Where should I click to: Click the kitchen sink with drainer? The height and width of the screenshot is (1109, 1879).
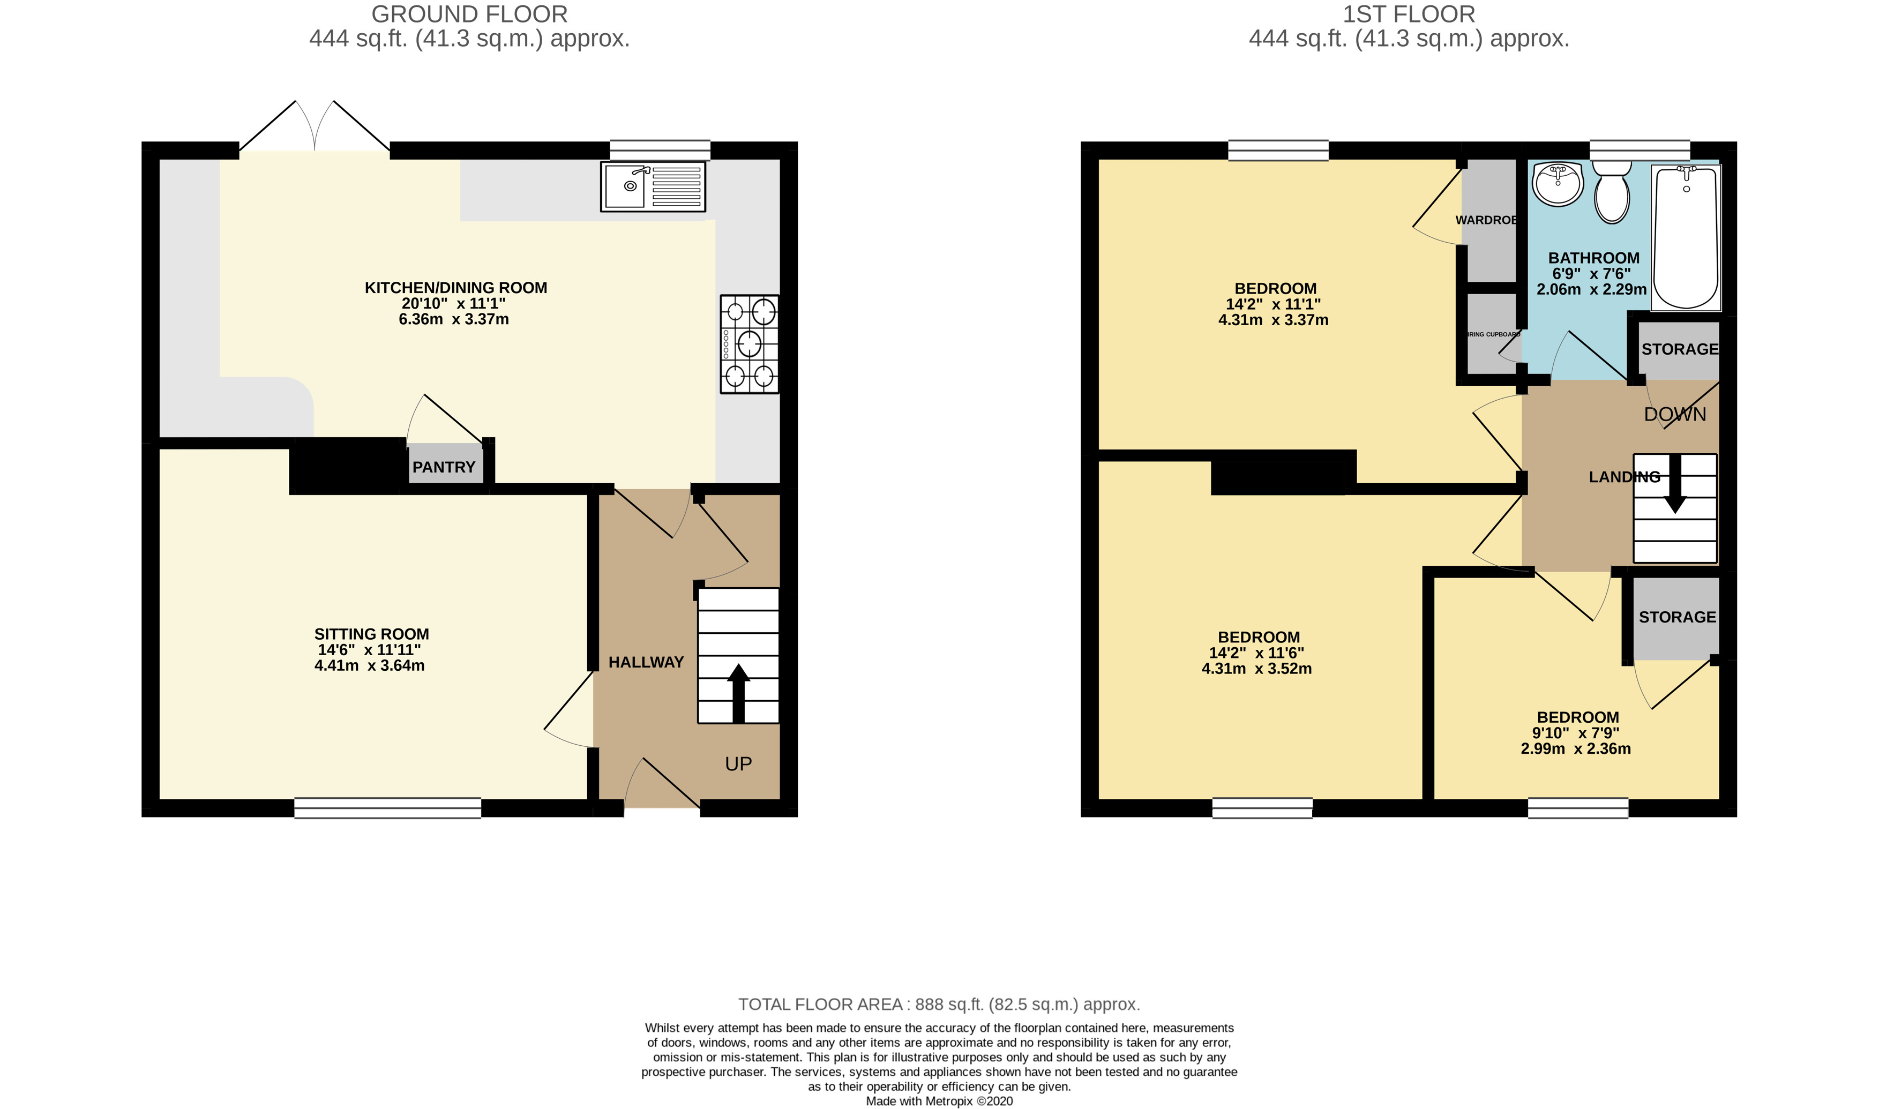click(x=652, y=186)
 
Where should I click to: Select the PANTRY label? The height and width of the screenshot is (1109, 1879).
click(x=444, y=467)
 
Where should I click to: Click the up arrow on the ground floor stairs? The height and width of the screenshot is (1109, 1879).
click(x=738, y=691)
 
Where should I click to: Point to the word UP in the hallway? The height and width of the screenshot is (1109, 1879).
click(x=738, y=764)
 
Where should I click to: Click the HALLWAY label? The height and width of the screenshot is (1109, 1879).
click(x=646, y=662)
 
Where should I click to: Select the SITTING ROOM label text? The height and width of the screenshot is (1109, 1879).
click(x=371, y=634)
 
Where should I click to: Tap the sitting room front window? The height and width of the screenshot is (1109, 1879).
click(x=388, y=808)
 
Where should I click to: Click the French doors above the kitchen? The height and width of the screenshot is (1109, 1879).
click(x=315, y=127)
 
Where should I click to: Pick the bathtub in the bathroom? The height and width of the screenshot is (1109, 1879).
click(x=1686, y=238)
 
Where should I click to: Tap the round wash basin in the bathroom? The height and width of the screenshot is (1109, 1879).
click(x=1557, y=183)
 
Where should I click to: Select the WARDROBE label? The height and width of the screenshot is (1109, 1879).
click(x=1487, y=220)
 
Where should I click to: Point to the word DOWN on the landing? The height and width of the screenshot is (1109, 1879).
click(x=1675, y=414)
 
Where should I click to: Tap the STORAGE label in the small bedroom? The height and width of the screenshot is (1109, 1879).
click(x=1678, y=617)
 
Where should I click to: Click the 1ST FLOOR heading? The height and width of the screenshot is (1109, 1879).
click(x=1409, y=14)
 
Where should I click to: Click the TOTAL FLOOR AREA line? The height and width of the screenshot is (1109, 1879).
click(x=938, y=1005)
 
